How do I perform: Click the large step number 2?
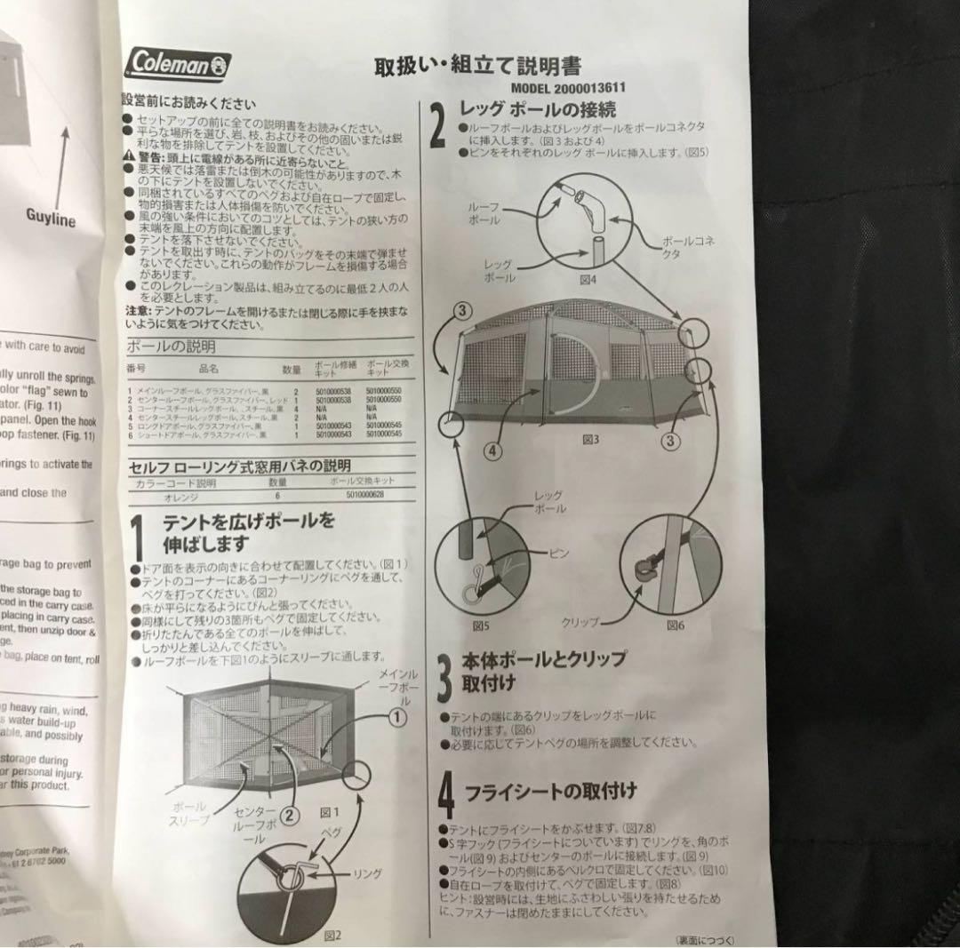[x=438, y=126]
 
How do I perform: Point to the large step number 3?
[x=444, y=677]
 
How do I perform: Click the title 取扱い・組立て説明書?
[x=478, y=67]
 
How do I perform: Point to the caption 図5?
[x=482, y=625]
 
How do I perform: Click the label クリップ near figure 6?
[x=580, y=622]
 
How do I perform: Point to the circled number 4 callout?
[x=493, y=449]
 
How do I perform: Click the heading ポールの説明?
[x=172, y=347]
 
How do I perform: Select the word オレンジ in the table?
[x=179, y=498]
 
